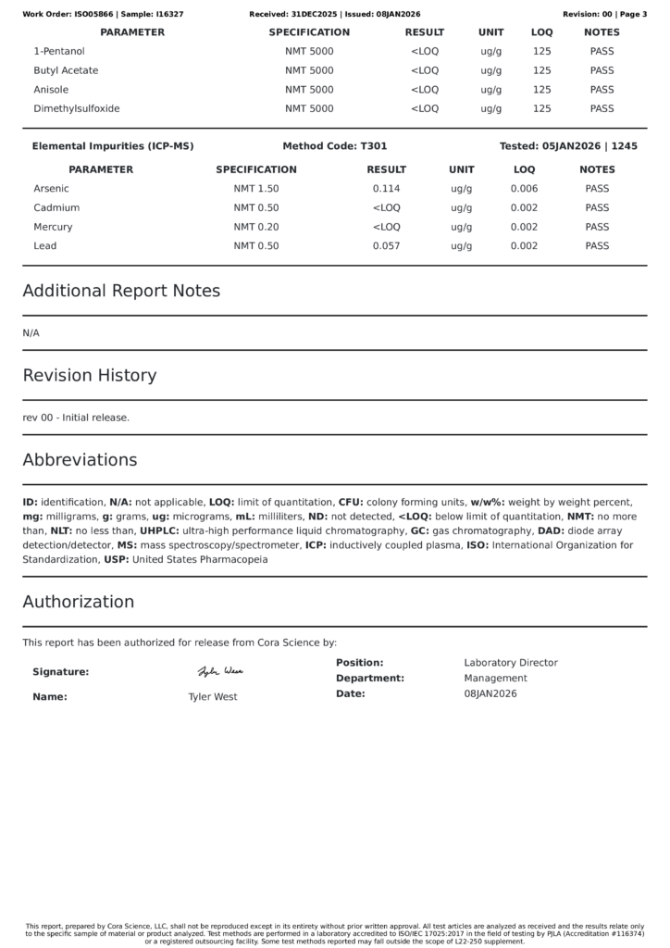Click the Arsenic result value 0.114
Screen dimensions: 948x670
(386, 189)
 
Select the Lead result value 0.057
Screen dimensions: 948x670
(386, 246)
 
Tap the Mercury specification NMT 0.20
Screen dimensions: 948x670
(256, 227)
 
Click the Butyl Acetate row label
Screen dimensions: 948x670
(66, 70)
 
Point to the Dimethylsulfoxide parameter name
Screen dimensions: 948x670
(77, 108)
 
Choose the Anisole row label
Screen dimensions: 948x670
(54, 90)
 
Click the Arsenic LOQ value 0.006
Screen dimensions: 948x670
(524, 189)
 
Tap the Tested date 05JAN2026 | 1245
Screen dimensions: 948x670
(568, 146)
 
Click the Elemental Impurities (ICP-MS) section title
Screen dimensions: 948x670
(113, 146)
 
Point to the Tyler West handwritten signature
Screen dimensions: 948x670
(220, 671)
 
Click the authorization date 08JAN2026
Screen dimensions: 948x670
(490, 693)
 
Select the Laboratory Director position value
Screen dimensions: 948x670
(511, 663)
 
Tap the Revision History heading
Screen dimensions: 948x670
(90, 376)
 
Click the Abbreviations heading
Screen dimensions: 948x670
(80, 460)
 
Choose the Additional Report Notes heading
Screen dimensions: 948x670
(121, 291)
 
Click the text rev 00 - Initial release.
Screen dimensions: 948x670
(76, 418)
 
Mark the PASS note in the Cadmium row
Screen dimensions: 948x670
(597, 208)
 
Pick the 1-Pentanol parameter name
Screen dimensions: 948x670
(59, 52)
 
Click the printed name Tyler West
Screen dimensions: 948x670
(213, 697)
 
